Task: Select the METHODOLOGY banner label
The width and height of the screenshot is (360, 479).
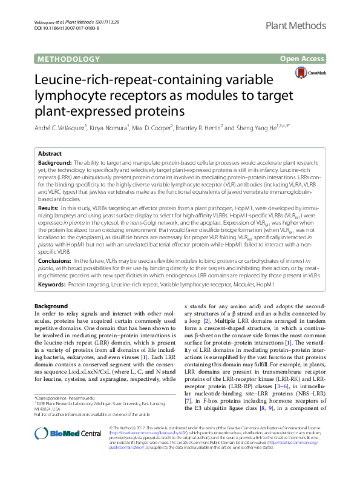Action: (x=68, y=59)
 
